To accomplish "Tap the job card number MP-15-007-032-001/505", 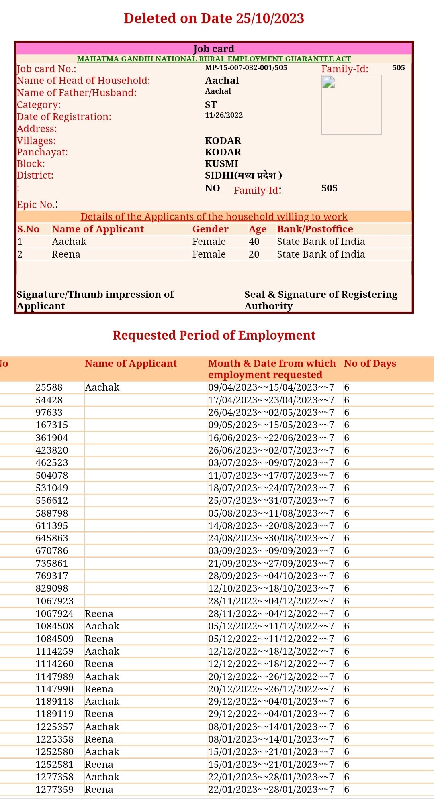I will (246, 68).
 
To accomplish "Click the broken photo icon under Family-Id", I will (329, 82).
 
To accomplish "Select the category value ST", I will (211, 105).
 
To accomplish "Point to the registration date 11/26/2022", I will (224, 115).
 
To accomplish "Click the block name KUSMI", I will (221, 164).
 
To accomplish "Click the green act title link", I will (214, 59).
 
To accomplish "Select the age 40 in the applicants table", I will (254, 242).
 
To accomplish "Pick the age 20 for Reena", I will (254, 254).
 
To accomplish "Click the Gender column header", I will (210, 229).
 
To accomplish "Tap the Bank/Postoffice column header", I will (315, 229).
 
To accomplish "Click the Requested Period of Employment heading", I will (214, 335).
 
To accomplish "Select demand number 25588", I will (49, 387).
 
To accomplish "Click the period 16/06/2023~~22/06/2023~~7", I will (271, 438).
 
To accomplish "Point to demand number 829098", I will (52, 588).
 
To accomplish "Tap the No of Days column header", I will (370, 364).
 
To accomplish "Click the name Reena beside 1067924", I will (99, 614).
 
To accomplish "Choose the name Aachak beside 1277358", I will (102, 777).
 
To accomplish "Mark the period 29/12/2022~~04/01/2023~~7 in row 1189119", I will (271, 714).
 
